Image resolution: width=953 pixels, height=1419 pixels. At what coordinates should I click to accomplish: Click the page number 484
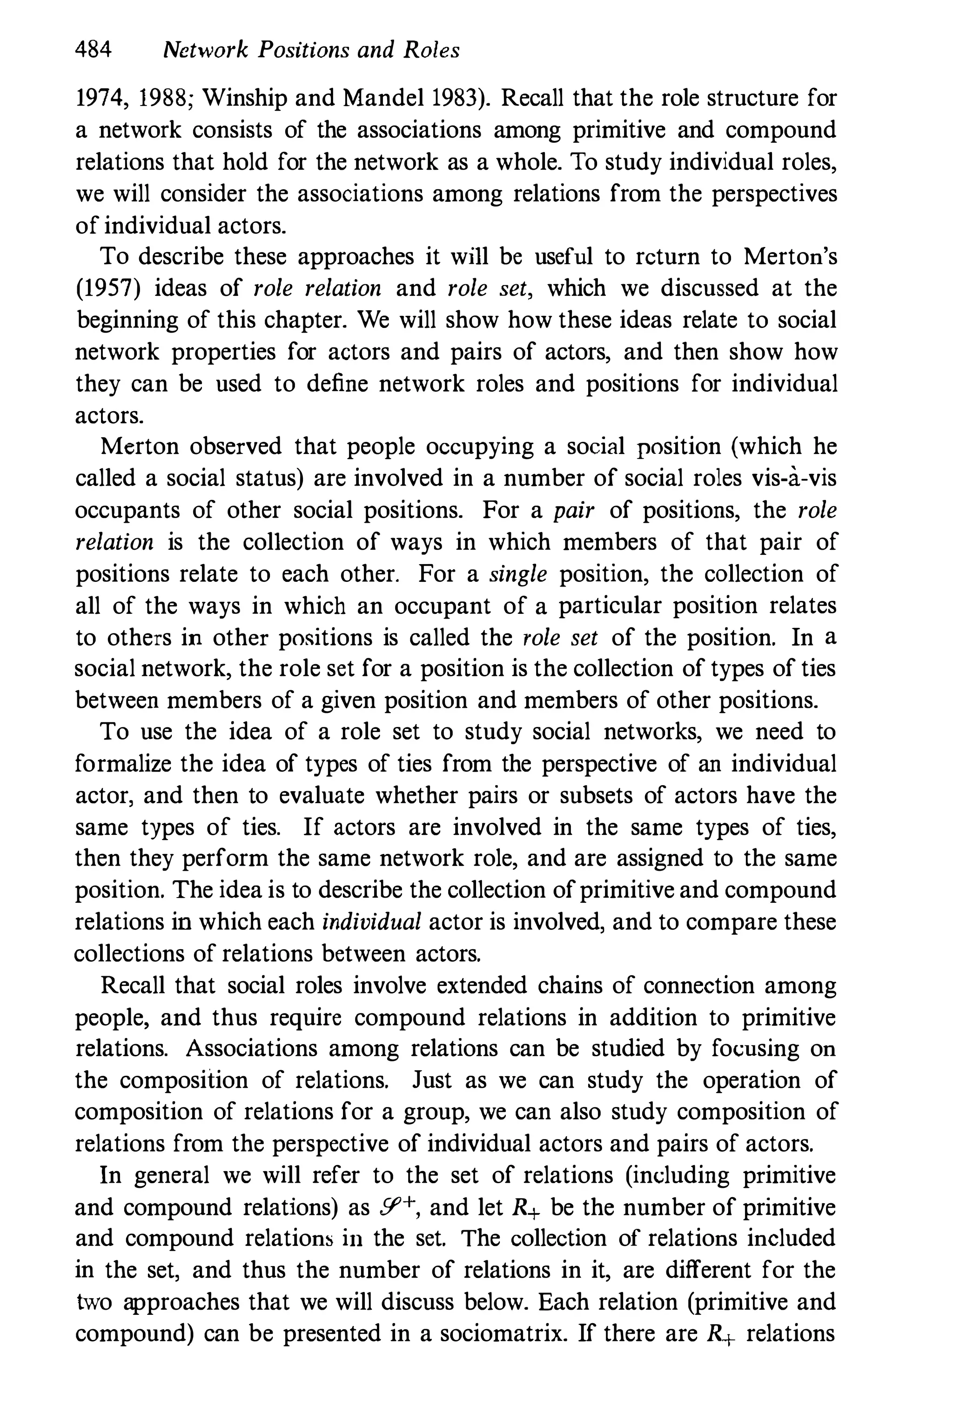point(93,50)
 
